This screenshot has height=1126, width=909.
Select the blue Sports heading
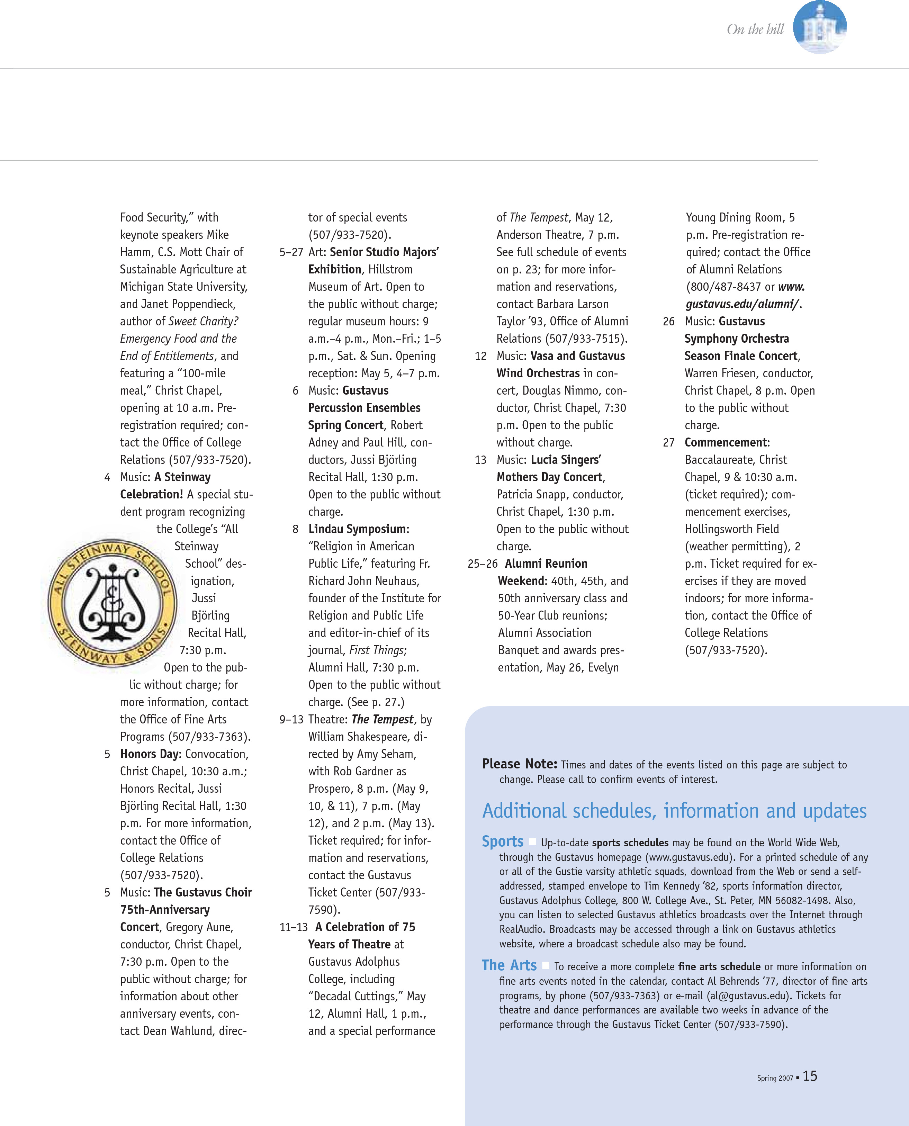[x=502, y=841]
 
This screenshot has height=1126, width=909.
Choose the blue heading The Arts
[x=509, y=965]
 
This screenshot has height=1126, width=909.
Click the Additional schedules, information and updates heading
[x=674, y=811]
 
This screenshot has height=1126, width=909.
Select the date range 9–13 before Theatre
[x=291, y=720]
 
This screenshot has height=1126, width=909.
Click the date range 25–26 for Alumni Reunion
[x=482, y=564]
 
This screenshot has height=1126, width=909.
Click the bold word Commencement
[x=726, y=443]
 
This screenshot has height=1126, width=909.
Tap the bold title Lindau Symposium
[x=357, y=529]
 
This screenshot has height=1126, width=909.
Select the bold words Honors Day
[x=150, y=754]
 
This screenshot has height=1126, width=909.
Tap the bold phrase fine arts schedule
[x=719, y=967]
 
